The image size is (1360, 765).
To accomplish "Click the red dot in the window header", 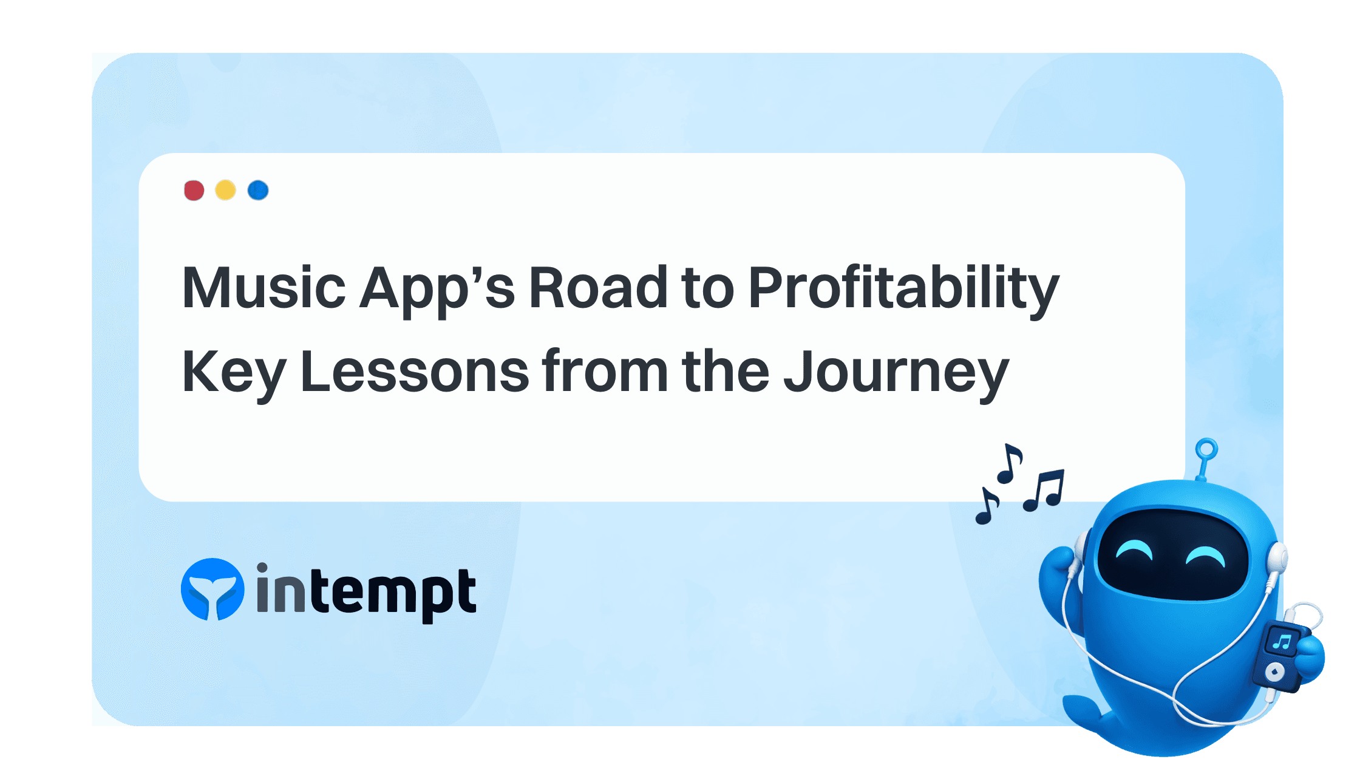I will click(x=194, y=190).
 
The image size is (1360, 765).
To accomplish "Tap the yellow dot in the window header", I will click(x=225, y=190).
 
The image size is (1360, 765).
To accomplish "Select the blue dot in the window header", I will click(x=258, y=190).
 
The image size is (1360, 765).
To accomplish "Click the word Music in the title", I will click(x=263, y=287).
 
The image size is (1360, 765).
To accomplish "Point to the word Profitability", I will click(x=903, y=288).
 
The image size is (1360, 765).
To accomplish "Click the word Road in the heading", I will click(x=599, y=287).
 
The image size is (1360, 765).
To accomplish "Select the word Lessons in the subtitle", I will click(x=415, y=371).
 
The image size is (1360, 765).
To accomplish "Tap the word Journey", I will click(x=896, y=372).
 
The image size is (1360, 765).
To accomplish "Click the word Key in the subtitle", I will click(x=234, y=372).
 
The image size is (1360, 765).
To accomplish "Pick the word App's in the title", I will click(x=437, y=288).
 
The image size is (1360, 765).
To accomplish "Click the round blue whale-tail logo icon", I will click(x=212, y=590).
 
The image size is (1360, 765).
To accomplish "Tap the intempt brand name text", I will click(x=366, y=592).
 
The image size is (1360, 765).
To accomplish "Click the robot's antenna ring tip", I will click(x=1206, y=450).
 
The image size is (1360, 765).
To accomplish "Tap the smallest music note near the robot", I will click(x=986, y=506).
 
